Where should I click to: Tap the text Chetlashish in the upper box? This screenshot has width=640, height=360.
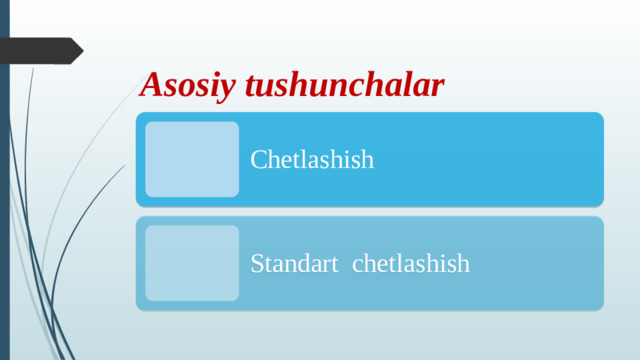click(312, 159)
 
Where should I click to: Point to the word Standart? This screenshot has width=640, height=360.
click(294, 264)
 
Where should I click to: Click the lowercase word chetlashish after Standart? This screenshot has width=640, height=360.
click(411, 264)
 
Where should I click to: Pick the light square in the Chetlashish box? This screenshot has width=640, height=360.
click(192, 159)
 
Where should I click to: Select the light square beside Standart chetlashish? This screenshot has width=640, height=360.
click(192, 263)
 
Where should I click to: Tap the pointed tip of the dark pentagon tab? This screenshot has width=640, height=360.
click(82, 50)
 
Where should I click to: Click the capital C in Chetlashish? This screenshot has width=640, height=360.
click(258, 159)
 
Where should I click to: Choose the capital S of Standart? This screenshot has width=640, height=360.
click(256, 264)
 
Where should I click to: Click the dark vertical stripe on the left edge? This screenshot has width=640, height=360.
click(4, 200)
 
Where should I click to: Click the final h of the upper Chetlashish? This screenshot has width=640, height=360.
click(367, 159)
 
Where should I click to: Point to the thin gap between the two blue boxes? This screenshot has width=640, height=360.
click(370, 211)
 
